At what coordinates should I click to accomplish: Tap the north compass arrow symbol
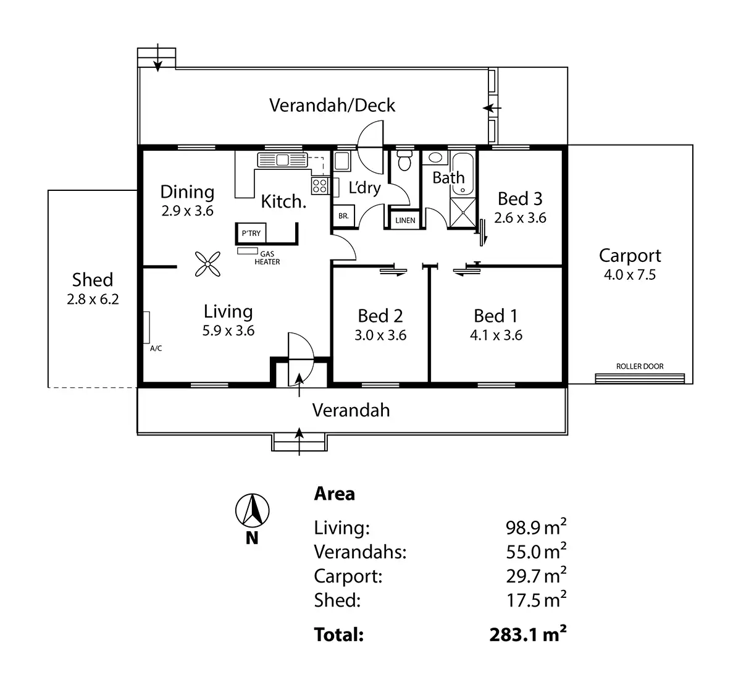[x=252, y=510]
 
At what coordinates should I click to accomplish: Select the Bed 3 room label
[x=520, y=198]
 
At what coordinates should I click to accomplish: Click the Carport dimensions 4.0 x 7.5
[x=630, y=275]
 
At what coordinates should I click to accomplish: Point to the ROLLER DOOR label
[x=640, y=366]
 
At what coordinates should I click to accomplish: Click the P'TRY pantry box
[x=251, y=233]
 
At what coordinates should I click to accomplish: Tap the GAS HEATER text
[x=267, y=258]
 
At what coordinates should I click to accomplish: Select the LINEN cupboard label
[x=405, y=220]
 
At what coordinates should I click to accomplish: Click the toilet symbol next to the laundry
[x=405, y=161]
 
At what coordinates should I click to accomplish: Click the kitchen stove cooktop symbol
[x=320, y=184]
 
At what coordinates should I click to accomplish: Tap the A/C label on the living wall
[x=156, y=348]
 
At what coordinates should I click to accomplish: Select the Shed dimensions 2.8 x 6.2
[x=93, y=300]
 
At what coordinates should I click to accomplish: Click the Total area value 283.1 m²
[x=528, y=634]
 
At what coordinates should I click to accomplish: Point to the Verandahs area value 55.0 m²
[x=535, y=551]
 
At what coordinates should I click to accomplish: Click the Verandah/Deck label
[x=332, y=105]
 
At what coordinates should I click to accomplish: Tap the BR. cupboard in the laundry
[x=343, y=217]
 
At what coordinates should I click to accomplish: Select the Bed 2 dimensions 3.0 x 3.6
[x=380, y=335]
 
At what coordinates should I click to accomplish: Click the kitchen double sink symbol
[x=282, y=160]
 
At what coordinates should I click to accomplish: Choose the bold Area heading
[x=335, y=494]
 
